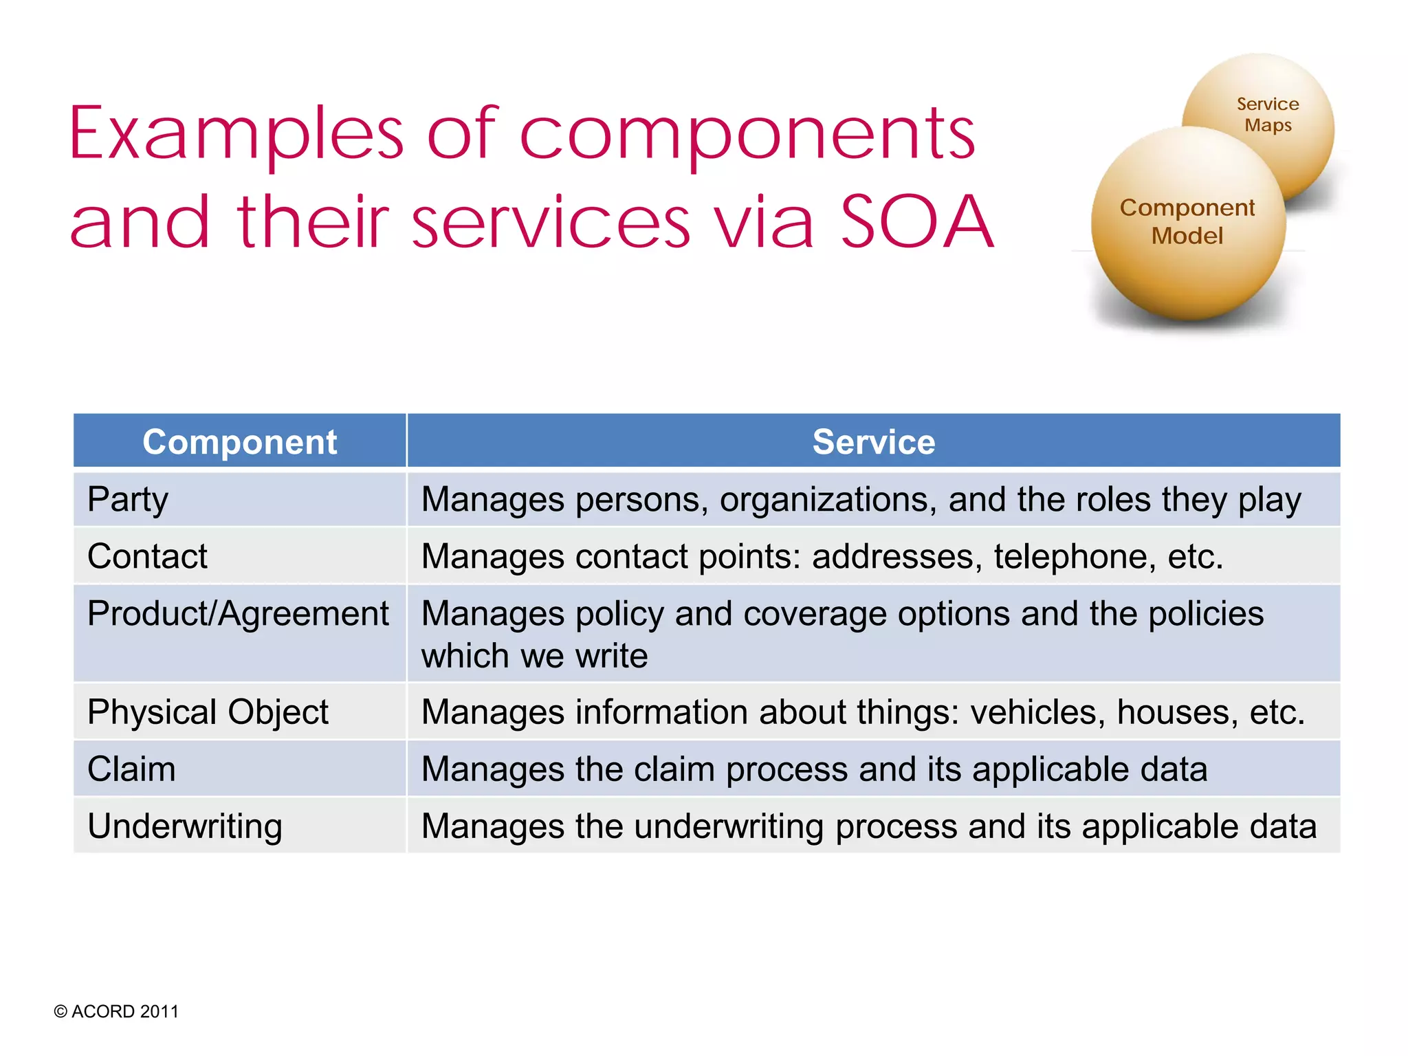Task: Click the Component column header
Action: (x=239, y=442)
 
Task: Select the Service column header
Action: (x=873, y=442)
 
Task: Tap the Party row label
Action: (x=128, y=500)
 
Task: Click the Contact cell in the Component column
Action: (x=147, y=556)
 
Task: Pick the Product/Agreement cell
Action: (x=238, y=614)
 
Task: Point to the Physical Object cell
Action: (x=208, y=712)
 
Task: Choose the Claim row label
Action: (x=131, y=769)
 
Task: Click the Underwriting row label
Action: (x=185, y=826)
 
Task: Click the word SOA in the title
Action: (x=917, y=221)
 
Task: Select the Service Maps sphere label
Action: (x=1268, y=115)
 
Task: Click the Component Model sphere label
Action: (x=1187, y=221)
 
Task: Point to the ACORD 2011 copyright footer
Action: (x=116, y=1011)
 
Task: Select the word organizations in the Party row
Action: (x=828, y=500)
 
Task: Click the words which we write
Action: (x=534, y=656)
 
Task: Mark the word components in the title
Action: (x=747, y=134)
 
